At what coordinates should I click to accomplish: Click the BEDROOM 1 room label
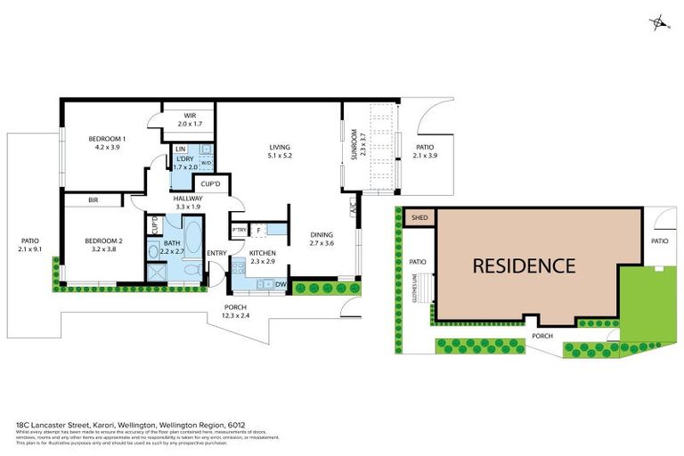(x=106, y=139)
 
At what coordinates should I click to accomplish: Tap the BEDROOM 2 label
(x=103, y=240)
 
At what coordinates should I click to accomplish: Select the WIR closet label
(x=190, y=116)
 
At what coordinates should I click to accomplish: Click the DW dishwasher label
(x=281, y=285)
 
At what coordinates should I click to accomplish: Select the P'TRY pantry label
(x=239, y=231)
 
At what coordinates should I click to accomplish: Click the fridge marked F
(x=258, y=231)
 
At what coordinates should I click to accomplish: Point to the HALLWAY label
(x=188, y=199)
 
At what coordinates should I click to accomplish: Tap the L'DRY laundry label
(x=185, y=159)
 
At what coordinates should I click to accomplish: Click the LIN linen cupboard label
(x=180, y=148)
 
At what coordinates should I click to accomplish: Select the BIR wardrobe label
(x=94, y=201)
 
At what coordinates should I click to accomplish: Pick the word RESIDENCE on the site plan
(x=523, y=265)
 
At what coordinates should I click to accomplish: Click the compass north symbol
(x=659, y=22)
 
